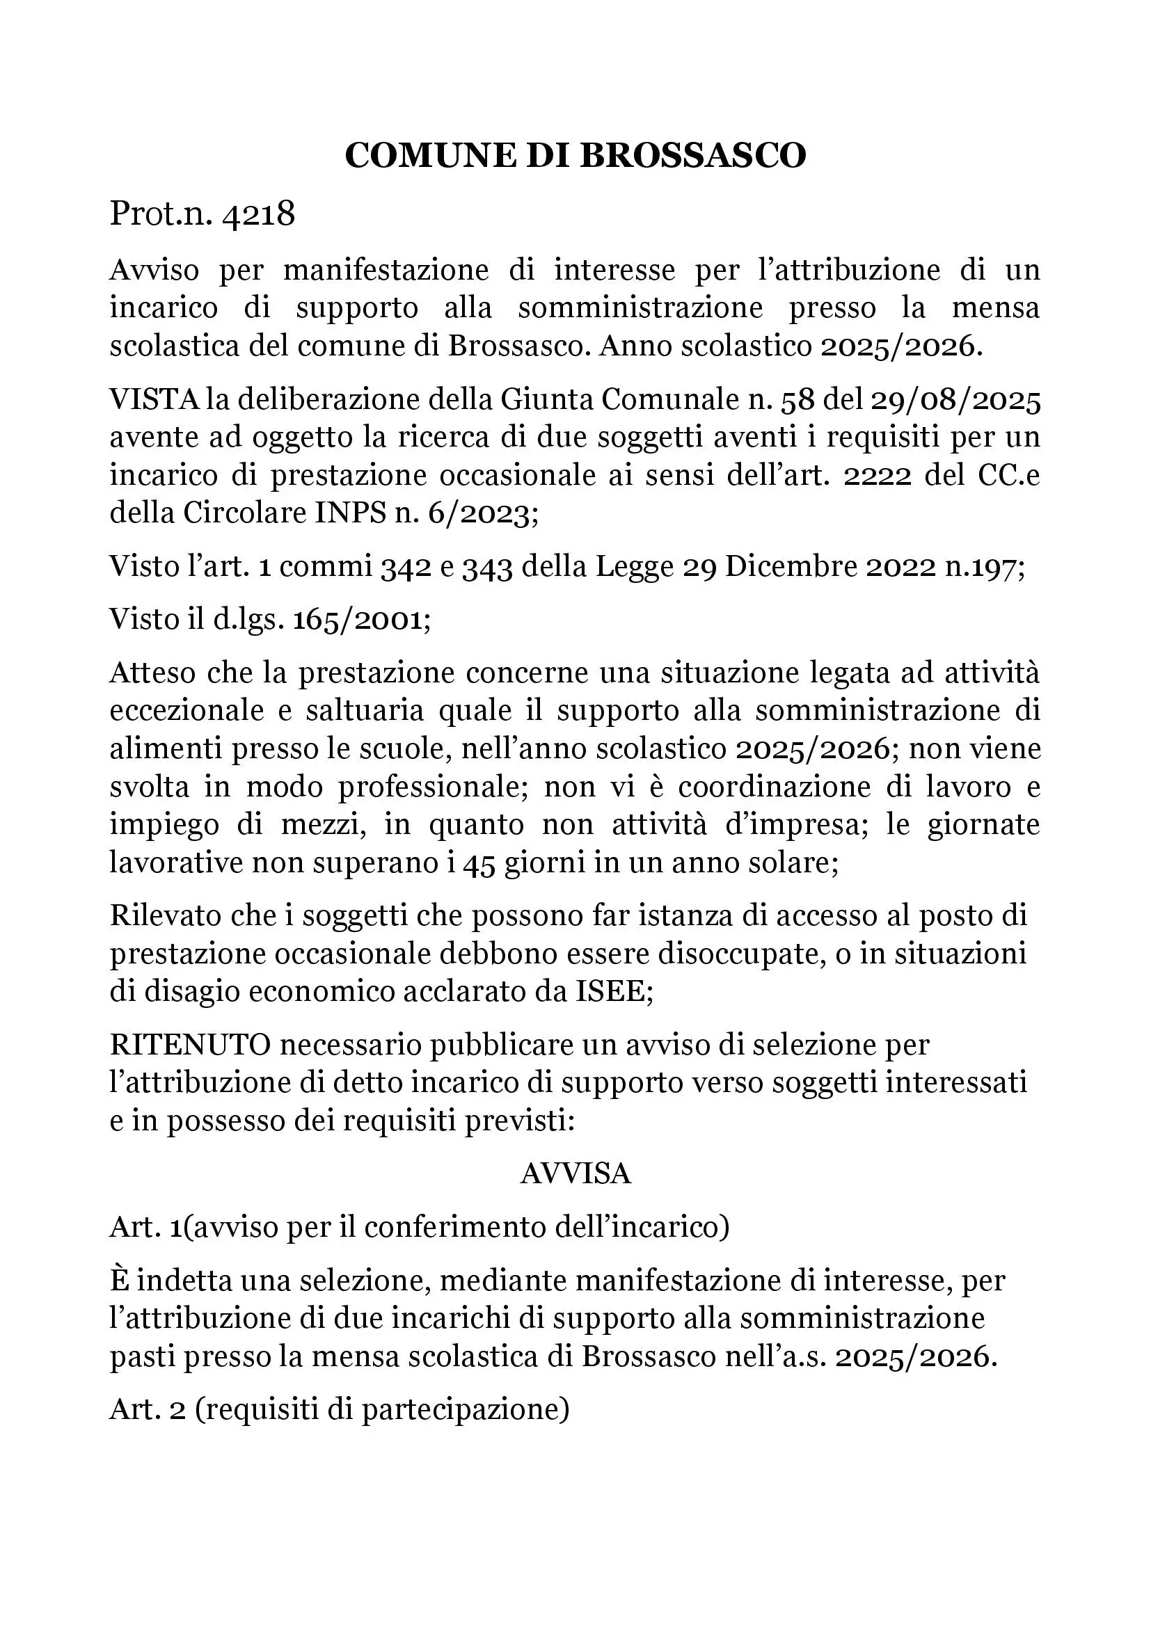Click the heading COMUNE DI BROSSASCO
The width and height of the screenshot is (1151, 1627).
tap(575, 155)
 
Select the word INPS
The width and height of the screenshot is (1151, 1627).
tap(347, 513)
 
